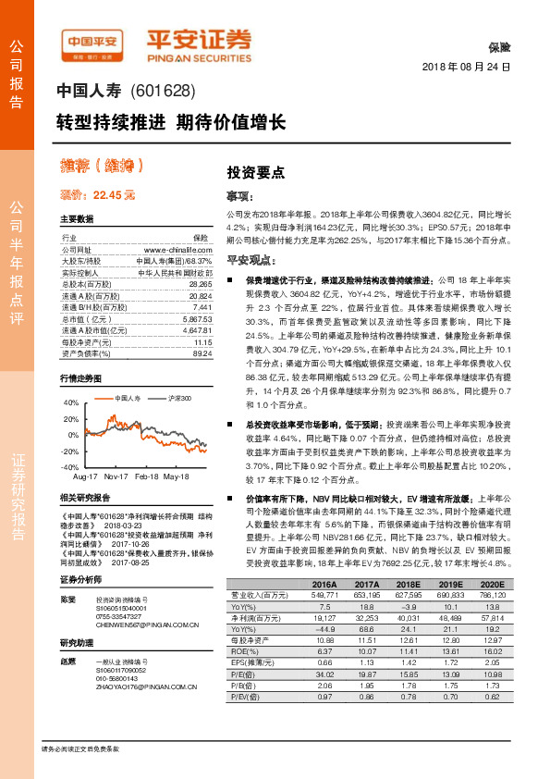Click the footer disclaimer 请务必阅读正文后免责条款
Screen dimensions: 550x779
pyautogui.click(x=80, y=747)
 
